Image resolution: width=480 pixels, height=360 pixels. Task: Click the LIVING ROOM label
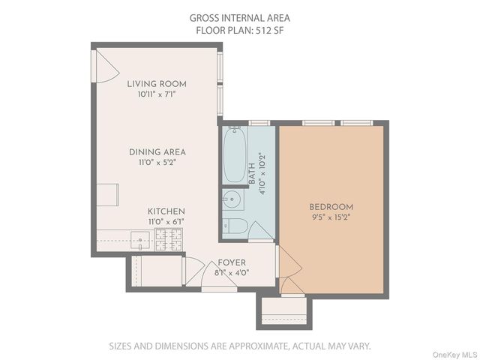coord(157,84)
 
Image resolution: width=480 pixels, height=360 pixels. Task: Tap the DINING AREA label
coord(157,151)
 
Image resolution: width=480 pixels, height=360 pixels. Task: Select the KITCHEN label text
coord(166,211)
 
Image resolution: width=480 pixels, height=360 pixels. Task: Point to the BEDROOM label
coord(331,207)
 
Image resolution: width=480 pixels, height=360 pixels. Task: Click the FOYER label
coord(232,263)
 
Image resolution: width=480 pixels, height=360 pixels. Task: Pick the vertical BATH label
coord(252,175)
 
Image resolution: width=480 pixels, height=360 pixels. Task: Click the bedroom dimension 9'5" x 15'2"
coord(331,217)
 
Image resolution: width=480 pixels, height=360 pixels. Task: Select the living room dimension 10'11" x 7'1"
coord(157,94)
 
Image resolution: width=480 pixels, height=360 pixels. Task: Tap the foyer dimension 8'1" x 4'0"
coord(232,273)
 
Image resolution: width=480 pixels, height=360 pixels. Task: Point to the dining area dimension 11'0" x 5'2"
coord(157,162)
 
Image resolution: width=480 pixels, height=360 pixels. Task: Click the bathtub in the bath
coord(234,156)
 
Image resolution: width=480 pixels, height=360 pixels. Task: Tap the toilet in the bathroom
coord(235,226)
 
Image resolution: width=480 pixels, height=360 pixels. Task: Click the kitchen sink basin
coord(140,241)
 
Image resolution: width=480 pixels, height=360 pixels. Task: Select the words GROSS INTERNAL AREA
coord(240,18)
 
